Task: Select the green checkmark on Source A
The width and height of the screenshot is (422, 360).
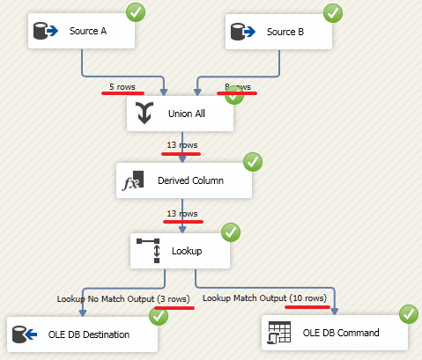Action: coord(137,13)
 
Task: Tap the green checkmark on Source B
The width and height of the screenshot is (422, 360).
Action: coord(333,13)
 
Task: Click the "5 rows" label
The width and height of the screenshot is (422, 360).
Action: coord(122,87)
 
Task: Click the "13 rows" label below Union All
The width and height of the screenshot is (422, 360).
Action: coord(181,145)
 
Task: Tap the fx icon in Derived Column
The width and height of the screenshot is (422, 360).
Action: coord(131,181)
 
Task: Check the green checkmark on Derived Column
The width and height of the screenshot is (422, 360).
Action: coord(253,162)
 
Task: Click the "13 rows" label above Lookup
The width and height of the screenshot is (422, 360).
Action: coord(181,214)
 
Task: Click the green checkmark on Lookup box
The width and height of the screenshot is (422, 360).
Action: coord(231,232)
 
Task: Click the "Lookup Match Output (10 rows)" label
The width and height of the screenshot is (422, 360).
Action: coord(264,298)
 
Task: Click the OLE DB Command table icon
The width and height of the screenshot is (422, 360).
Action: coord(279,333)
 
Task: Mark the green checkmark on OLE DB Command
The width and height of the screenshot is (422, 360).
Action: coord(409,314)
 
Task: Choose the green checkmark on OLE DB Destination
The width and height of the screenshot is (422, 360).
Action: coord(159,314)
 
